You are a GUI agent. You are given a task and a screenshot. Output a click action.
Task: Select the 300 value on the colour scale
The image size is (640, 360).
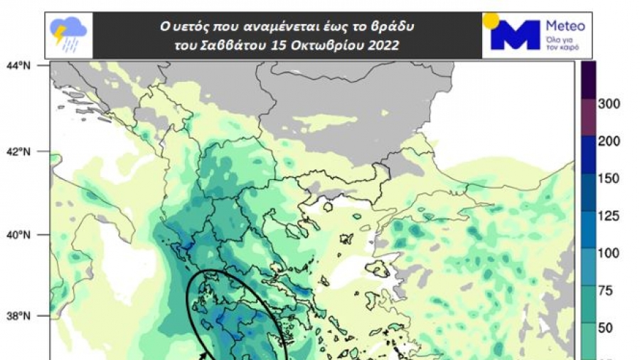pyautogui.click(x=610, y=104)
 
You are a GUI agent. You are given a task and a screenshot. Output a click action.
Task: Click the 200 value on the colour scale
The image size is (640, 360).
pyautogui.click(x=610, y=141)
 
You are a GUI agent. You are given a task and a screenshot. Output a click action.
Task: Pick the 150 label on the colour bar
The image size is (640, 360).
pyautogui.click(x=610, y=179)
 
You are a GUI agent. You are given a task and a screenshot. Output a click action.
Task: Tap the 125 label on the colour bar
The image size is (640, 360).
pyautogui.click(x=610, y=216)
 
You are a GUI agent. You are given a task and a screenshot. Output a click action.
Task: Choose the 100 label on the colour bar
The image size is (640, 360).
pyautogui.click(x=610, y=253)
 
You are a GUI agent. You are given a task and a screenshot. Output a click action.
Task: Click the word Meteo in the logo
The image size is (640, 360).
pyautogui.click(x=565, y=26)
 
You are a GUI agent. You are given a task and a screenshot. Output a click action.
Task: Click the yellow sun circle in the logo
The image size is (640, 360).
pyautogui.click(x=491, y=21)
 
